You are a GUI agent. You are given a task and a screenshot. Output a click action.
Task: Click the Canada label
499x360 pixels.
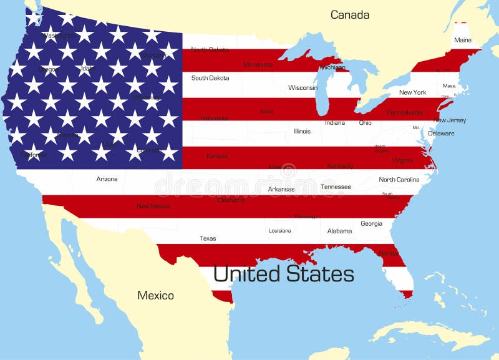click(349, 15)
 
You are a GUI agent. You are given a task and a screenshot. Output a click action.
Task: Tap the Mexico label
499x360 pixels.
click(155, 295)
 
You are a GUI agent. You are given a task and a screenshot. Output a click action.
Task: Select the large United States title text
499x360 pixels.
click(283, 274)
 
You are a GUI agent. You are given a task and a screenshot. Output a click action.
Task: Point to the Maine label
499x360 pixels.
click(463, 40)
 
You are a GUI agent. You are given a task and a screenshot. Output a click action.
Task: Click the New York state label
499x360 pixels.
click(412, 92)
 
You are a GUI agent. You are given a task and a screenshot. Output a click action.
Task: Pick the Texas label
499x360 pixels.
click(208, 238)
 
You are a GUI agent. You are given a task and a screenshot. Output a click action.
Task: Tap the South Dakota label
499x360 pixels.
click(210, 78)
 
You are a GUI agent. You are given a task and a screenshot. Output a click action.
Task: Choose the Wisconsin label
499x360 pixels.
click(303, 88)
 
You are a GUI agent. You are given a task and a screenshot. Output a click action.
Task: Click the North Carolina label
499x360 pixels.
click(399, 180)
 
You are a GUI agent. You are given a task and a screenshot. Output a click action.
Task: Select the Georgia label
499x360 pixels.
click(371, 223)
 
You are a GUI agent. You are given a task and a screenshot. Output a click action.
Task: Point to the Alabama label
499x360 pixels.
click(339, 231)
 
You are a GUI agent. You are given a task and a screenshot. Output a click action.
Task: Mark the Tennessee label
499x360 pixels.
click(336, 187)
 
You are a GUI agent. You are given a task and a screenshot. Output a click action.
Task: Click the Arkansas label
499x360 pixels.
click(281, 189)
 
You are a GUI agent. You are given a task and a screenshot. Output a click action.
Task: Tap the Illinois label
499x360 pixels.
click(302, 131)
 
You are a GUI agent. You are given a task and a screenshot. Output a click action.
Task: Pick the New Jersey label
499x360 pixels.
click(450, 120)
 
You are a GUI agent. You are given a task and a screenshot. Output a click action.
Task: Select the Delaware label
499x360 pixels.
click(441, 134)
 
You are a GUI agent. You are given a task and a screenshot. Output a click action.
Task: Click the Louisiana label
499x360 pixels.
click(279, 231)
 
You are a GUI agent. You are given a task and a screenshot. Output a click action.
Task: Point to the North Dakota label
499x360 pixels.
click(210, 50)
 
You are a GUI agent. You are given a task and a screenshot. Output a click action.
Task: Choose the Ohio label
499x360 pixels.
click(365, 123)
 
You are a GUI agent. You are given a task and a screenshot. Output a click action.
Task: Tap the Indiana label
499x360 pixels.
click(334, 123)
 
